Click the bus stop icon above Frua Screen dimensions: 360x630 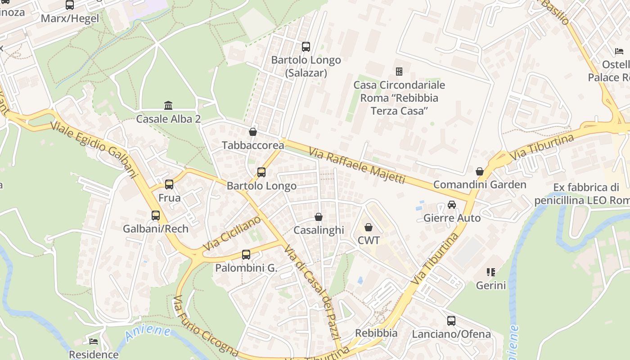pos(169,184)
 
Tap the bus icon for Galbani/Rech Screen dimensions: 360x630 pos(156,216)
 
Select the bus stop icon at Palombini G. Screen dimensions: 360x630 pos(246,255)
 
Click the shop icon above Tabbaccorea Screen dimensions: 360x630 pos(253,132)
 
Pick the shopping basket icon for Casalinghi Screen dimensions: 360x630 pos(319,217)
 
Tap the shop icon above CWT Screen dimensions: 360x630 pos(369,227)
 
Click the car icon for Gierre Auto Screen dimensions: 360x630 pos(452,205)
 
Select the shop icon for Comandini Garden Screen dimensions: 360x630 pos(480,171)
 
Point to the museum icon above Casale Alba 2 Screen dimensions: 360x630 pos(168,106)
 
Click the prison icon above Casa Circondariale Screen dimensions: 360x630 pos(399,72)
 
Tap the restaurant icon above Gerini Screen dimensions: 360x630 pos(491,272)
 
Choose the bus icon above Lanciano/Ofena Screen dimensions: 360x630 pos(451,321)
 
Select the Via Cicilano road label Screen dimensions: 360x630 pos(232,234)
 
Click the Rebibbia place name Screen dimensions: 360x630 pos(376,333)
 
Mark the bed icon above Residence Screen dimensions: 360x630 pos(94,342)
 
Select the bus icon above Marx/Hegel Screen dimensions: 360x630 pos(70,5)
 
